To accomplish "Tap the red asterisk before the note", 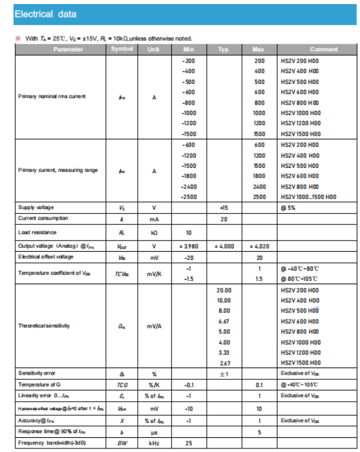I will pos(18,39).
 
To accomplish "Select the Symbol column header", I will pos(122,49).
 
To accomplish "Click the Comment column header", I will pos(323,50).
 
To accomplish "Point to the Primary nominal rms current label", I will pos(51,97).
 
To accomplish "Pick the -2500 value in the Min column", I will pos(189,197).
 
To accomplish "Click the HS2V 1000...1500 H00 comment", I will pos(309,197).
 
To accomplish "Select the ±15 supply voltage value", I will pos(223,208).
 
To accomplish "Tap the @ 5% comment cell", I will pos(288,208).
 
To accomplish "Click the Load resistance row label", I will pos(37,232).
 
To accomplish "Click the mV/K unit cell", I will pos(154,274).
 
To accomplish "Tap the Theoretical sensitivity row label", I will pos(44,326).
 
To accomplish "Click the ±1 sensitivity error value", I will pos(224,373).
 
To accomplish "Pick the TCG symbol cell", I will pos(122,385).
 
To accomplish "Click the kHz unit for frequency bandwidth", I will pos(154,443).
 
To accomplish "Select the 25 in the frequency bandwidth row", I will pos(188,443).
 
